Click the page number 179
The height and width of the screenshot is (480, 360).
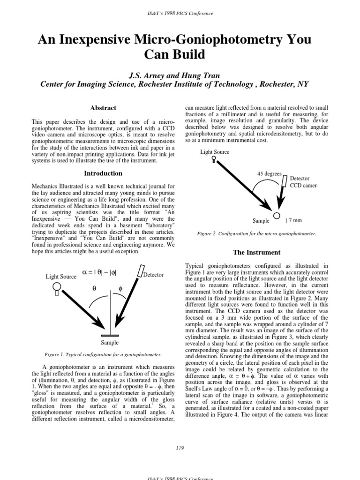180,448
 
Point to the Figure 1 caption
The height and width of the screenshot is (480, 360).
102,355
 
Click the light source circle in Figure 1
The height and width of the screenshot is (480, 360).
56,286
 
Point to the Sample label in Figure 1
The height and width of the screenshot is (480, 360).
110,343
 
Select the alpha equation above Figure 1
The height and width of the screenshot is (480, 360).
100,272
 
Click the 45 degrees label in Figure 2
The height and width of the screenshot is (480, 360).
270,173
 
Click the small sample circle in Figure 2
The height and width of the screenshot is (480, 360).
276,216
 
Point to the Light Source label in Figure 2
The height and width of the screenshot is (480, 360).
215,152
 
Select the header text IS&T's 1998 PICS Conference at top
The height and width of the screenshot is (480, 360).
180,13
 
